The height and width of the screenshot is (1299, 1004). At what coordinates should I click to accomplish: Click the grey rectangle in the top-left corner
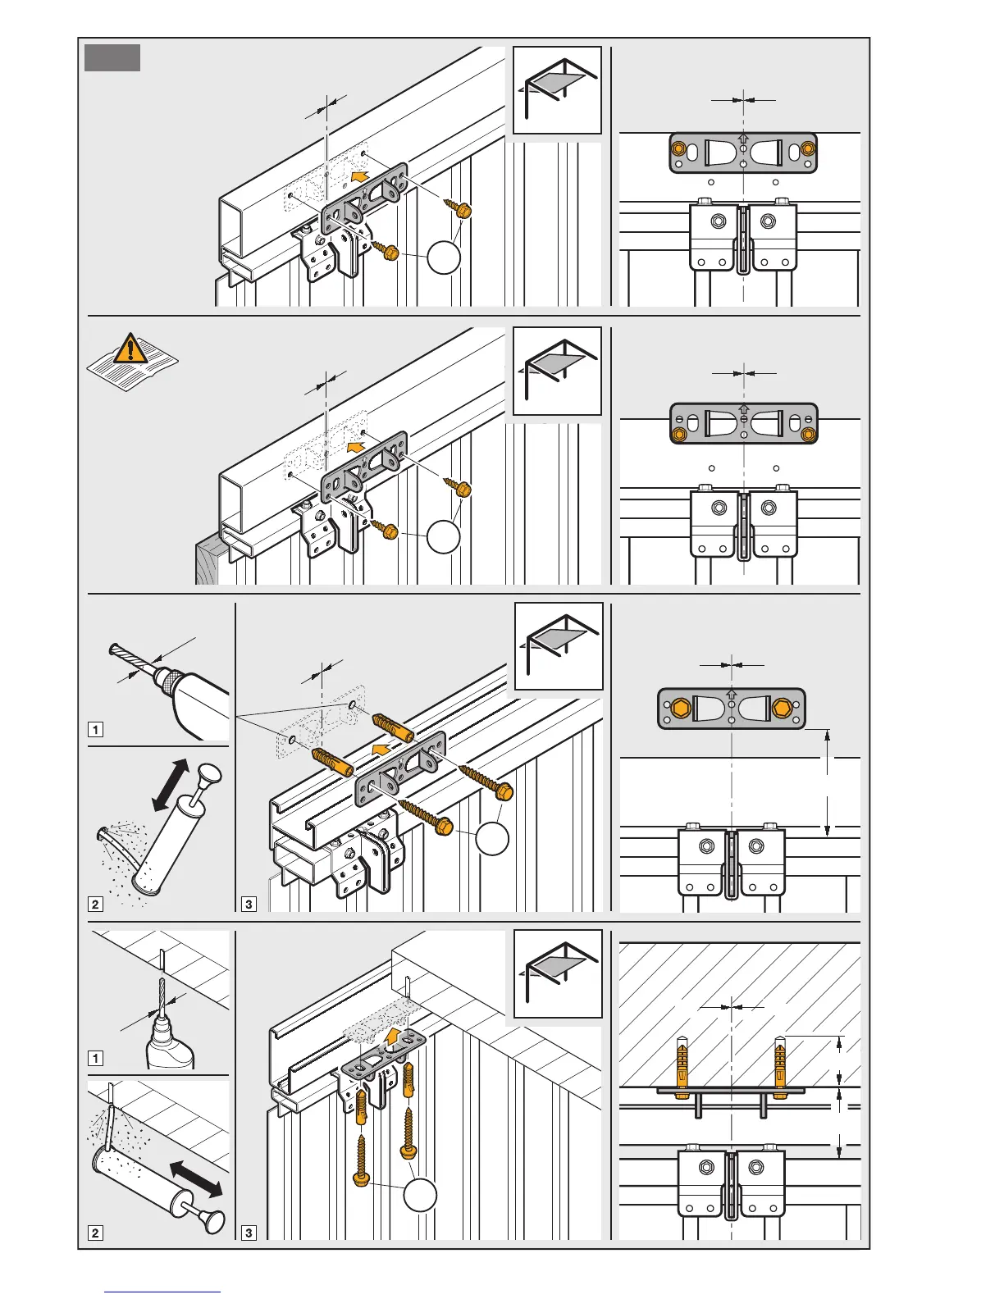112,58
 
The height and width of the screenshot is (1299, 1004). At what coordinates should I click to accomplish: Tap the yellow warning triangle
129,349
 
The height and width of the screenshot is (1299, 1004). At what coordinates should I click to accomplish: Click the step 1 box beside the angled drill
96,729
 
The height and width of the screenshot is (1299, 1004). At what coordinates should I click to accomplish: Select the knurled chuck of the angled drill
170,681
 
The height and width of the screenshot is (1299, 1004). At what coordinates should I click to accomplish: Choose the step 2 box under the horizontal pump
96,1233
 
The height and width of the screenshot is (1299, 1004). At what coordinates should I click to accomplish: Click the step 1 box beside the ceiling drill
96,1058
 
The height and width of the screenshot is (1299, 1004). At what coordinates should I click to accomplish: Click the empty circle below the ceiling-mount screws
421,1195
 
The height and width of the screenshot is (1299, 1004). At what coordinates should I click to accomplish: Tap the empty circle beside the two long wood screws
493,838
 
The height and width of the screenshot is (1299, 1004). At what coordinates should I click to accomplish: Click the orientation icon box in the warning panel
557,371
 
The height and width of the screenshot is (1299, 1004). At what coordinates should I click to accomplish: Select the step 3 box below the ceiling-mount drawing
249,1233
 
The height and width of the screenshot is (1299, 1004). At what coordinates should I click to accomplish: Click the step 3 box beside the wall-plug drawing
249,904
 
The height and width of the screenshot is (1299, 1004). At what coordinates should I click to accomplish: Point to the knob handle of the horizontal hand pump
216,1221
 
